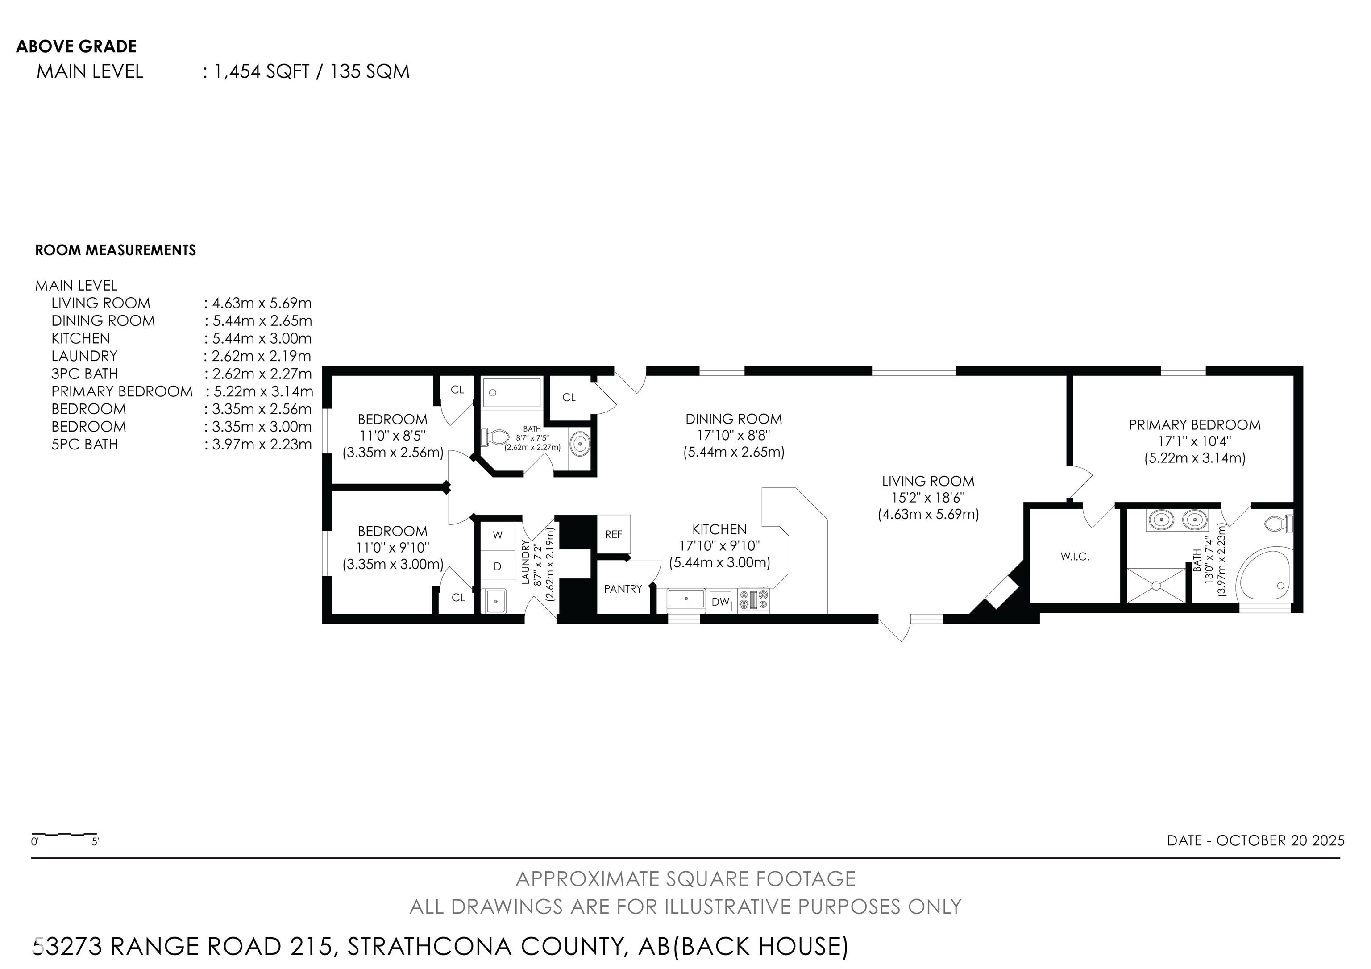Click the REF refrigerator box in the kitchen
coord(613,534)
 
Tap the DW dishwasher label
coord(721,602)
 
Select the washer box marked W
coord(498,536)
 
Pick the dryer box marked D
coord(498,566)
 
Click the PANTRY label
coord(623,589)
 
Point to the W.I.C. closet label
coord(1075,557)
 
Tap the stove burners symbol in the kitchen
coord(754,599)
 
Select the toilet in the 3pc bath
coord(494,437)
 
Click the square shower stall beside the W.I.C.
coord(1156,586)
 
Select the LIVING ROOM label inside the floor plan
coord(928,481)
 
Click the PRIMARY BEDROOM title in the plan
coord(1194,425)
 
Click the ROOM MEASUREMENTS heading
coord(115,250)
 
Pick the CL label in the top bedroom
coord(457,390)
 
